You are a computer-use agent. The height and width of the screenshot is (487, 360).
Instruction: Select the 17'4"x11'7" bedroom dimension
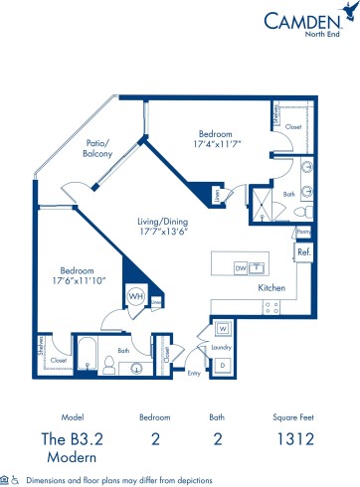tap(215, 143)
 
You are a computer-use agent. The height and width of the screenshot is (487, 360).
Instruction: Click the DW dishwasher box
tap(239, 267)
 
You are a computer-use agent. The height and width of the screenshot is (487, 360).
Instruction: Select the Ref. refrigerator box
tap(304, 254)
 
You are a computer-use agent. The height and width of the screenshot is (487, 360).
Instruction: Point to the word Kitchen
tap(272, 287)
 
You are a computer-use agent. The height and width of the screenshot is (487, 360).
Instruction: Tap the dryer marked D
tap(223, 366)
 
